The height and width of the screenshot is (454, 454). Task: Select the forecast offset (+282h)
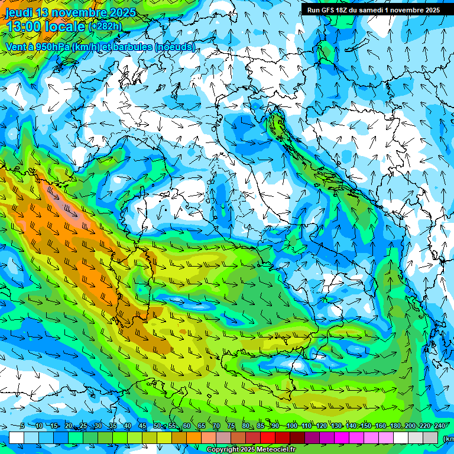pyautogui.click(x=105, y=27)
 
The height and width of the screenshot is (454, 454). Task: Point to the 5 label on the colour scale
pyautogui.click(x=22, y=426)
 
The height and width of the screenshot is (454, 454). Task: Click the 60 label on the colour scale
pyautogui.click(x=187, y=426)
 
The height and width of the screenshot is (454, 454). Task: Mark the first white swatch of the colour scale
pyautogui.click(x=16, y=437)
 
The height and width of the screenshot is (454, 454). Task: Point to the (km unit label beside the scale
pyautogui.click(x=448, y=438)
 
